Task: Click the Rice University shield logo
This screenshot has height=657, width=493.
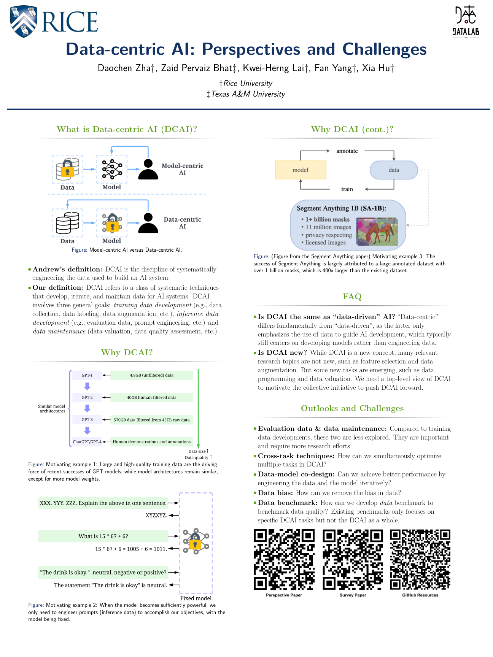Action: [x=24, y=21]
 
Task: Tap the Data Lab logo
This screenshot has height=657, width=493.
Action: [x=466, y=21]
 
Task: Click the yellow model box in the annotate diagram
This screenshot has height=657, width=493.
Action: [x=301, y=170]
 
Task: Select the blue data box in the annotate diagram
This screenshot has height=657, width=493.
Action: [x=394, y=170]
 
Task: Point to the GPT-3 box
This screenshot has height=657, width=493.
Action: [x=87, y=420]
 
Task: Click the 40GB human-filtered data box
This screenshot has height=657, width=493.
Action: [x=151, y=397]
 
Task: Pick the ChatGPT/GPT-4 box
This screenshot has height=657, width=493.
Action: [x=87, y=442]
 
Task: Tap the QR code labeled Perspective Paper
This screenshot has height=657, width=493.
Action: [x=284, y=559]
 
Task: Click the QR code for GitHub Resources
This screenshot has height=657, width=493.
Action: [x=420, y=559]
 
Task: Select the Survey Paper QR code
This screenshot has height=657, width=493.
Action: [x=353, y=559]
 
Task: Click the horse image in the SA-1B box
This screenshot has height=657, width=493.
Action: [x=377, y=232]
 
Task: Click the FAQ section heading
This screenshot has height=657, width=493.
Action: [x=352, y=297]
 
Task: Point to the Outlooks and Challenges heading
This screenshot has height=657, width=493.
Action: [x=352, y=408]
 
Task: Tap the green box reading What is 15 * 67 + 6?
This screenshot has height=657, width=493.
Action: [x=103, y=536]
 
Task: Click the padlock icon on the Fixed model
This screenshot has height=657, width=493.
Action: [x=195, y=543]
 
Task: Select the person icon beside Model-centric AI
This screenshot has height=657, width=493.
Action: [x=148, y=169]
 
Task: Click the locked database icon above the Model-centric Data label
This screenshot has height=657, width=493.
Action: [x=67, y=169]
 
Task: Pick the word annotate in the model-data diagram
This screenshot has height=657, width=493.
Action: [x=347, y=151]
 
